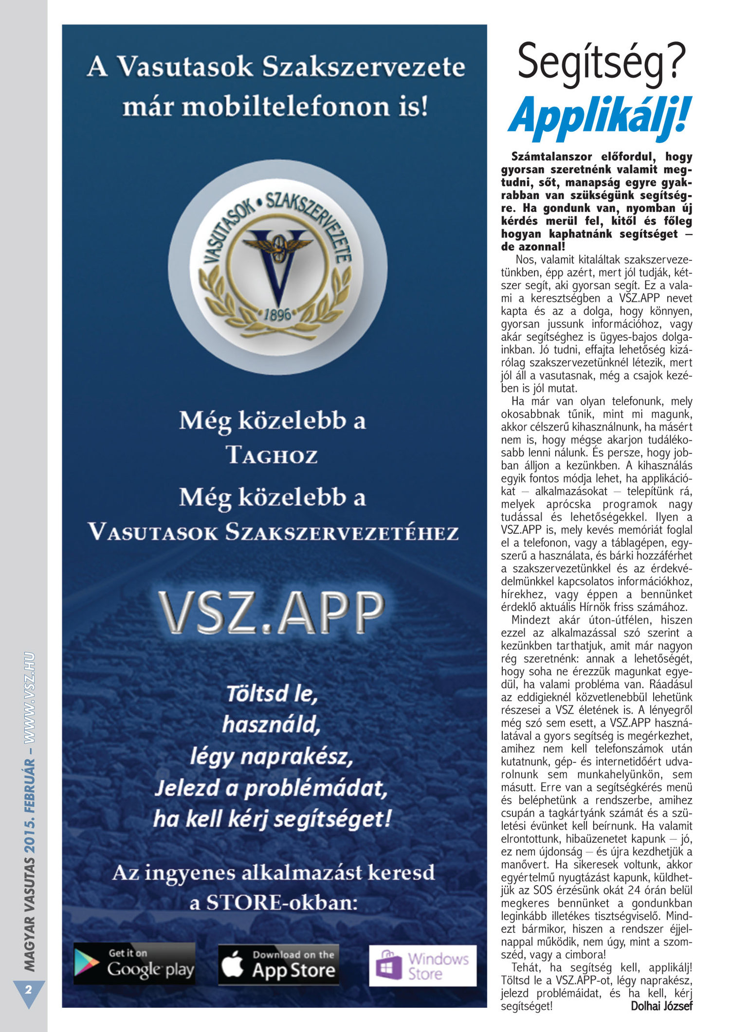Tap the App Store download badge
(x=278, y=964)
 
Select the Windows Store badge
(x=422, y=965)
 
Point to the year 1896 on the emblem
(x=277, y=315)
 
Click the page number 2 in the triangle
(x=28, y=990)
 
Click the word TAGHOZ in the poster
(x=272, y=456)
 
